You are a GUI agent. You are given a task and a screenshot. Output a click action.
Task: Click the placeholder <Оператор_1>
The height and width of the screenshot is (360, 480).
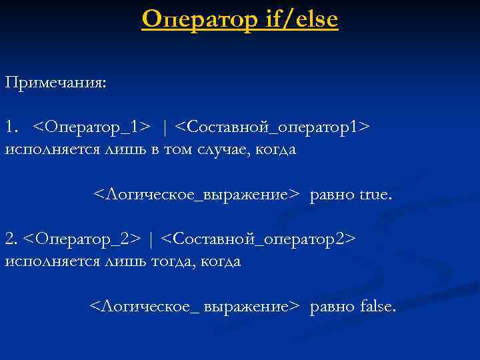click(x=91, y=126)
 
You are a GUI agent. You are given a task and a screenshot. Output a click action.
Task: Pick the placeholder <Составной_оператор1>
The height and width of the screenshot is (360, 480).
click(x=275, y=126)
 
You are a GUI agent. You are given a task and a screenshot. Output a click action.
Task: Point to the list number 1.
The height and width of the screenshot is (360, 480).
click(x=11, y=126)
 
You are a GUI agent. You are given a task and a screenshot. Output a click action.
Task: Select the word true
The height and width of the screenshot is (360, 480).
click(x=376, y=195)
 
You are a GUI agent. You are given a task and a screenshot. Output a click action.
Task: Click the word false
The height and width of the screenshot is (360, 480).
click(x=377, y=307)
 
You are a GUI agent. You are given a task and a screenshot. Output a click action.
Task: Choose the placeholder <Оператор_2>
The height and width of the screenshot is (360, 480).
click(x=81, y=238)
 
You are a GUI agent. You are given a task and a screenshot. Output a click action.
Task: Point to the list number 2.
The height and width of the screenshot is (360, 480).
click(x=11, y=238)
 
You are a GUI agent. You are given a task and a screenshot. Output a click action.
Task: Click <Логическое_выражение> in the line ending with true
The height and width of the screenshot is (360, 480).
click(x=196, y=195)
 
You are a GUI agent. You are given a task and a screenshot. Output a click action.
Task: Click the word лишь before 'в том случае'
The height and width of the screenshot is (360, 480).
click(x=119, y=149)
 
